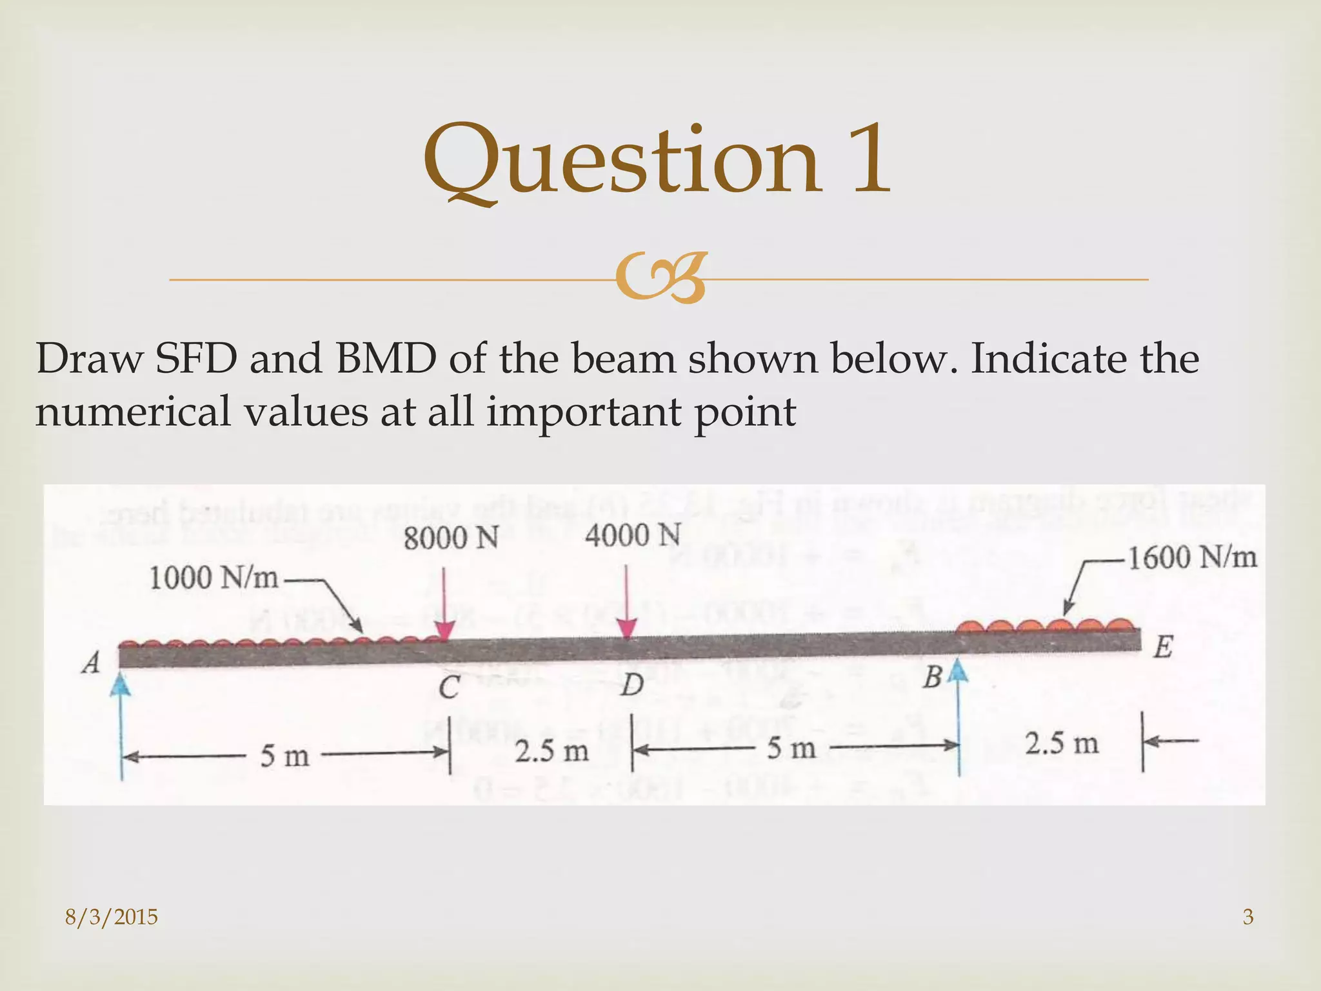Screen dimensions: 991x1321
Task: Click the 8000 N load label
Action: (x=451, y=538)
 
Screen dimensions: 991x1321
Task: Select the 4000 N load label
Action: (x=633, y=536)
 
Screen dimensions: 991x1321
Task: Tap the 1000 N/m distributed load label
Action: (x=214, y=577)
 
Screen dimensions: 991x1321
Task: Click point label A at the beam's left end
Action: (x=91, y=663)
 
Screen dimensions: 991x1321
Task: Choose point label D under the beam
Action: (x=631, y=685)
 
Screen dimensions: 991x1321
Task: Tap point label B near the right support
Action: (x=933, y=678)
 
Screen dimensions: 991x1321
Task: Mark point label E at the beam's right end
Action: (x=1162, y=647)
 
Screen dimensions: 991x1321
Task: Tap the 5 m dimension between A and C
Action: (x=284, y=756)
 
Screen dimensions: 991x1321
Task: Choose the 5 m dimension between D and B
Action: (x=791, y=748)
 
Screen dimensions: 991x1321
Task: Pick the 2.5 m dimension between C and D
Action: (x=551, y=751)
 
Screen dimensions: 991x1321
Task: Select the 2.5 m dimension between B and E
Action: (x=1062, y=744)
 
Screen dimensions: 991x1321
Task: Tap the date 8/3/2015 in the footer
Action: (x=112, y=917)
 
